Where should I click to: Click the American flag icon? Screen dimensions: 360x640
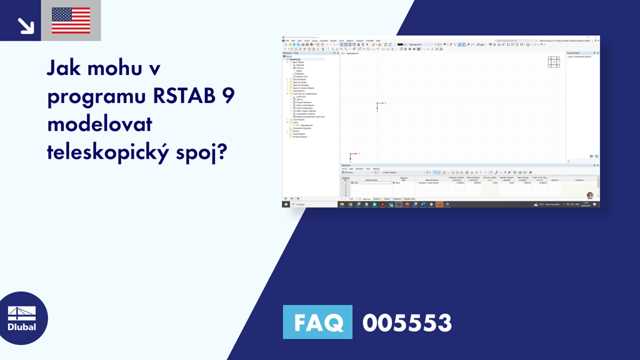(x=71, y=21)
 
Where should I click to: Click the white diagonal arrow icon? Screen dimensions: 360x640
(x=25, y=25)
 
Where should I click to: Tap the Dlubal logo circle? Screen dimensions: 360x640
(x=24, y=318)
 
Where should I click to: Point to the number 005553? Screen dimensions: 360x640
(x=407, y=323)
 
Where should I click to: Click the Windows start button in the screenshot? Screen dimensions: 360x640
(x=286, y=204)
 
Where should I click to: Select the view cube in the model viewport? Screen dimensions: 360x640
(x=554, y=62)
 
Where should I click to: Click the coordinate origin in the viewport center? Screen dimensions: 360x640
(x=377, y=103)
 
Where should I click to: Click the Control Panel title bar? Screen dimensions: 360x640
(x=581, y=53)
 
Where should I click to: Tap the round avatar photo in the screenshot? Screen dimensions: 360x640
(x=590, y=195)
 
